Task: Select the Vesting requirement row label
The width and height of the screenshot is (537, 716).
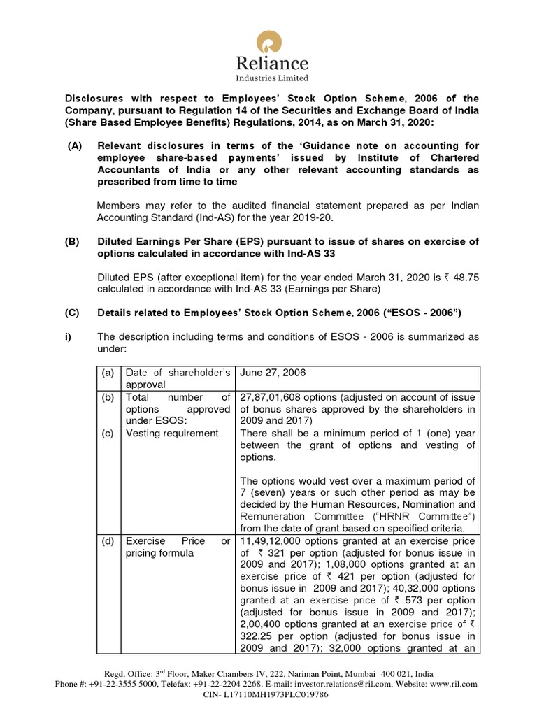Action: pyautogui.click(x=171, y=433)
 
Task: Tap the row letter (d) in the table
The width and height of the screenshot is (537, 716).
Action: pyautogui.click(x=108, y=540)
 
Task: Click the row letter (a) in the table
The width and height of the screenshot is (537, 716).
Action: pyautogui.click(x=108, y=373)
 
